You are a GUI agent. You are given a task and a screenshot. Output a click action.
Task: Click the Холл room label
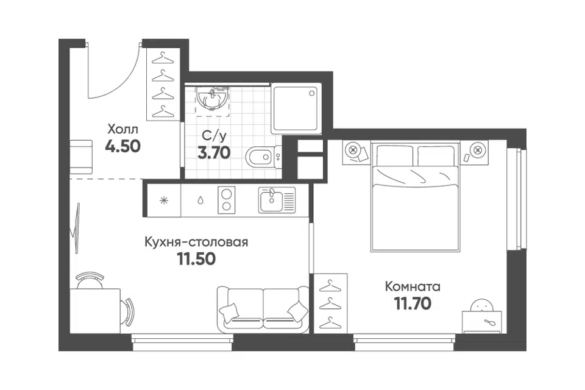coord(122,130)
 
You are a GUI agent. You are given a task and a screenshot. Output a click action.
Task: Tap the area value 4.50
coord(122,146)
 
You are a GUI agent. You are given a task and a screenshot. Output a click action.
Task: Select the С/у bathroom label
coord(214,136)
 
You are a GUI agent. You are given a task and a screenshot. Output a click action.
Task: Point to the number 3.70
coord(214,152)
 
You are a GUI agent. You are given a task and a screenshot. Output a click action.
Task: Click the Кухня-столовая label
coord(196,242)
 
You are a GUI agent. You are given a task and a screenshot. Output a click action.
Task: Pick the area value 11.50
coord(196,258)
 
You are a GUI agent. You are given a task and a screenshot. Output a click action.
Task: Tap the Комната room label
coord(413,286)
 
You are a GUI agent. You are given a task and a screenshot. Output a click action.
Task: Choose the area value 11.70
coord(413,303)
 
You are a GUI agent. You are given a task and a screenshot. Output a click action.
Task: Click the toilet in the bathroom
coord(264,157)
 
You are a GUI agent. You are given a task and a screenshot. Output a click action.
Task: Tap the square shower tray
coord(296,108)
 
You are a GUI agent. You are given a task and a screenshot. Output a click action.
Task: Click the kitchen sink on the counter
coord(277,200)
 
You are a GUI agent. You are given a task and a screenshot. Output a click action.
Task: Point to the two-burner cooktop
coord(226,200)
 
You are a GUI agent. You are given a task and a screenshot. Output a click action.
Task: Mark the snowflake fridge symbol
coord(164,200)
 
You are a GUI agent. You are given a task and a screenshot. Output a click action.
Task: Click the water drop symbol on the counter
coord(200,200)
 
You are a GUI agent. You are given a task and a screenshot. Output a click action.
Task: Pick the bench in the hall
coord(81,157)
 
